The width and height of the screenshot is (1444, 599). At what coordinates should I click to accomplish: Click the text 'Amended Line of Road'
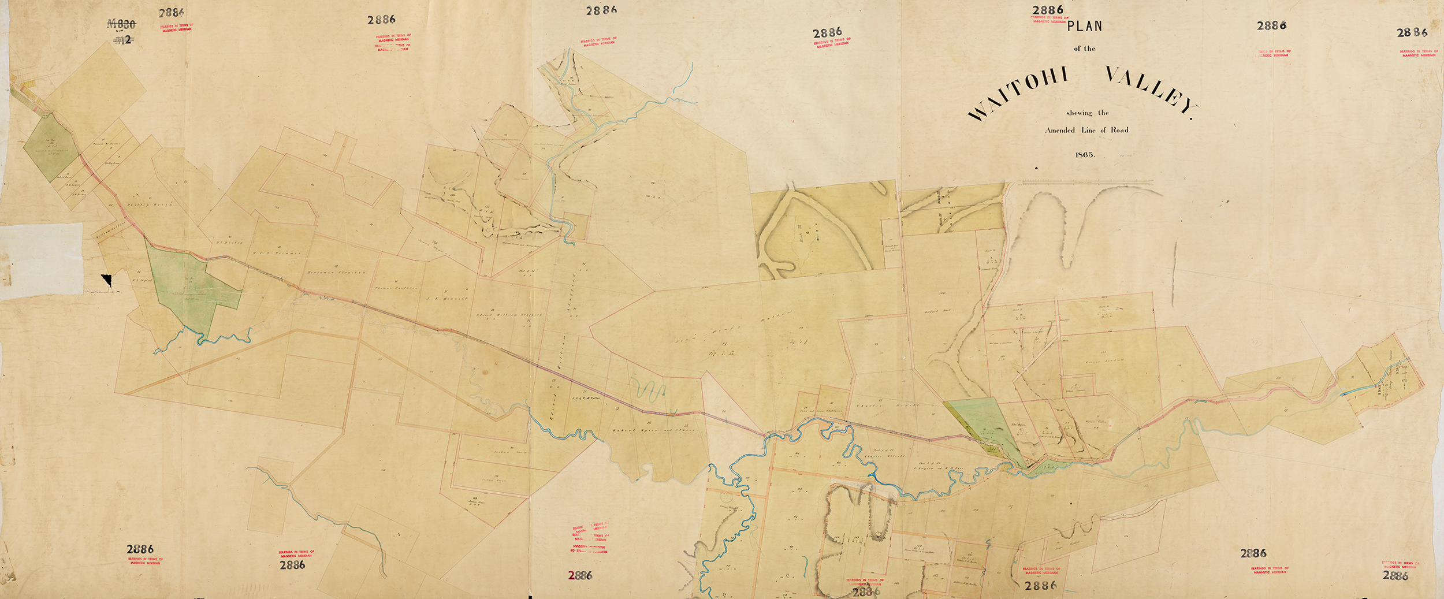coord(1086,130)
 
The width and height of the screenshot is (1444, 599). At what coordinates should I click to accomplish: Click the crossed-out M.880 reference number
coord(122,24)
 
